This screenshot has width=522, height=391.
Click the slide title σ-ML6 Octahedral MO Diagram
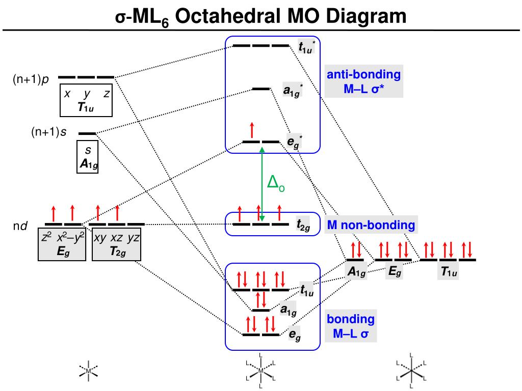pyautogui.click(x=260, y=16)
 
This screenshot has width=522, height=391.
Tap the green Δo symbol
pyautogui.click(x=276, y=183)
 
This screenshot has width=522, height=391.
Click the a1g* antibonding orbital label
pyautogui.click(x=293, y=91)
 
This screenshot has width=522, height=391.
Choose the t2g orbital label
pyautogui.click(x=303, y=227)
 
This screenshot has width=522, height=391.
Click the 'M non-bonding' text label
pyautogui.click(x=371, y=225)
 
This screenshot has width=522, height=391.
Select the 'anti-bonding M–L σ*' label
pyautogui.click(x=363, y=82)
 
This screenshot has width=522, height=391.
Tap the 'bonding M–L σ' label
pyautogui.click(x=351, y=327)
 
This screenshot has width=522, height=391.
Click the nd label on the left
pyautogui.click(x=20, y=226)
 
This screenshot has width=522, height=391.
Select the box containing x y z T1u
pyautogui.click(x=86, y=100)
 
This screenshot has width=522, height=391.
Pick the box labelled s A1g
pyautogui.click(x=87, y=157)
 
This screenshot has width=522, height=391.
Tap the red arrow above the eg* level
pyautogui.click(x=251, y=130)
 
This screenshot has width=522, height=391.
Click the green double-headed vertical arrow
pyautogui.click(x=262, y=184)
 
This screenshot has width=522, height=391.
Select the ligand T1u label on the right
pyautogui.click(x=449, y=273)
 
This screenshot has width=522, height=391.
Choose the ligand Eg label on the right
pyautogui.click(x=395, y=272)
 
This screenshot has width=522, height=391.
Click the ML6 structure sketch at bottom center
pyautogui.click(x=261, y=370)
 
